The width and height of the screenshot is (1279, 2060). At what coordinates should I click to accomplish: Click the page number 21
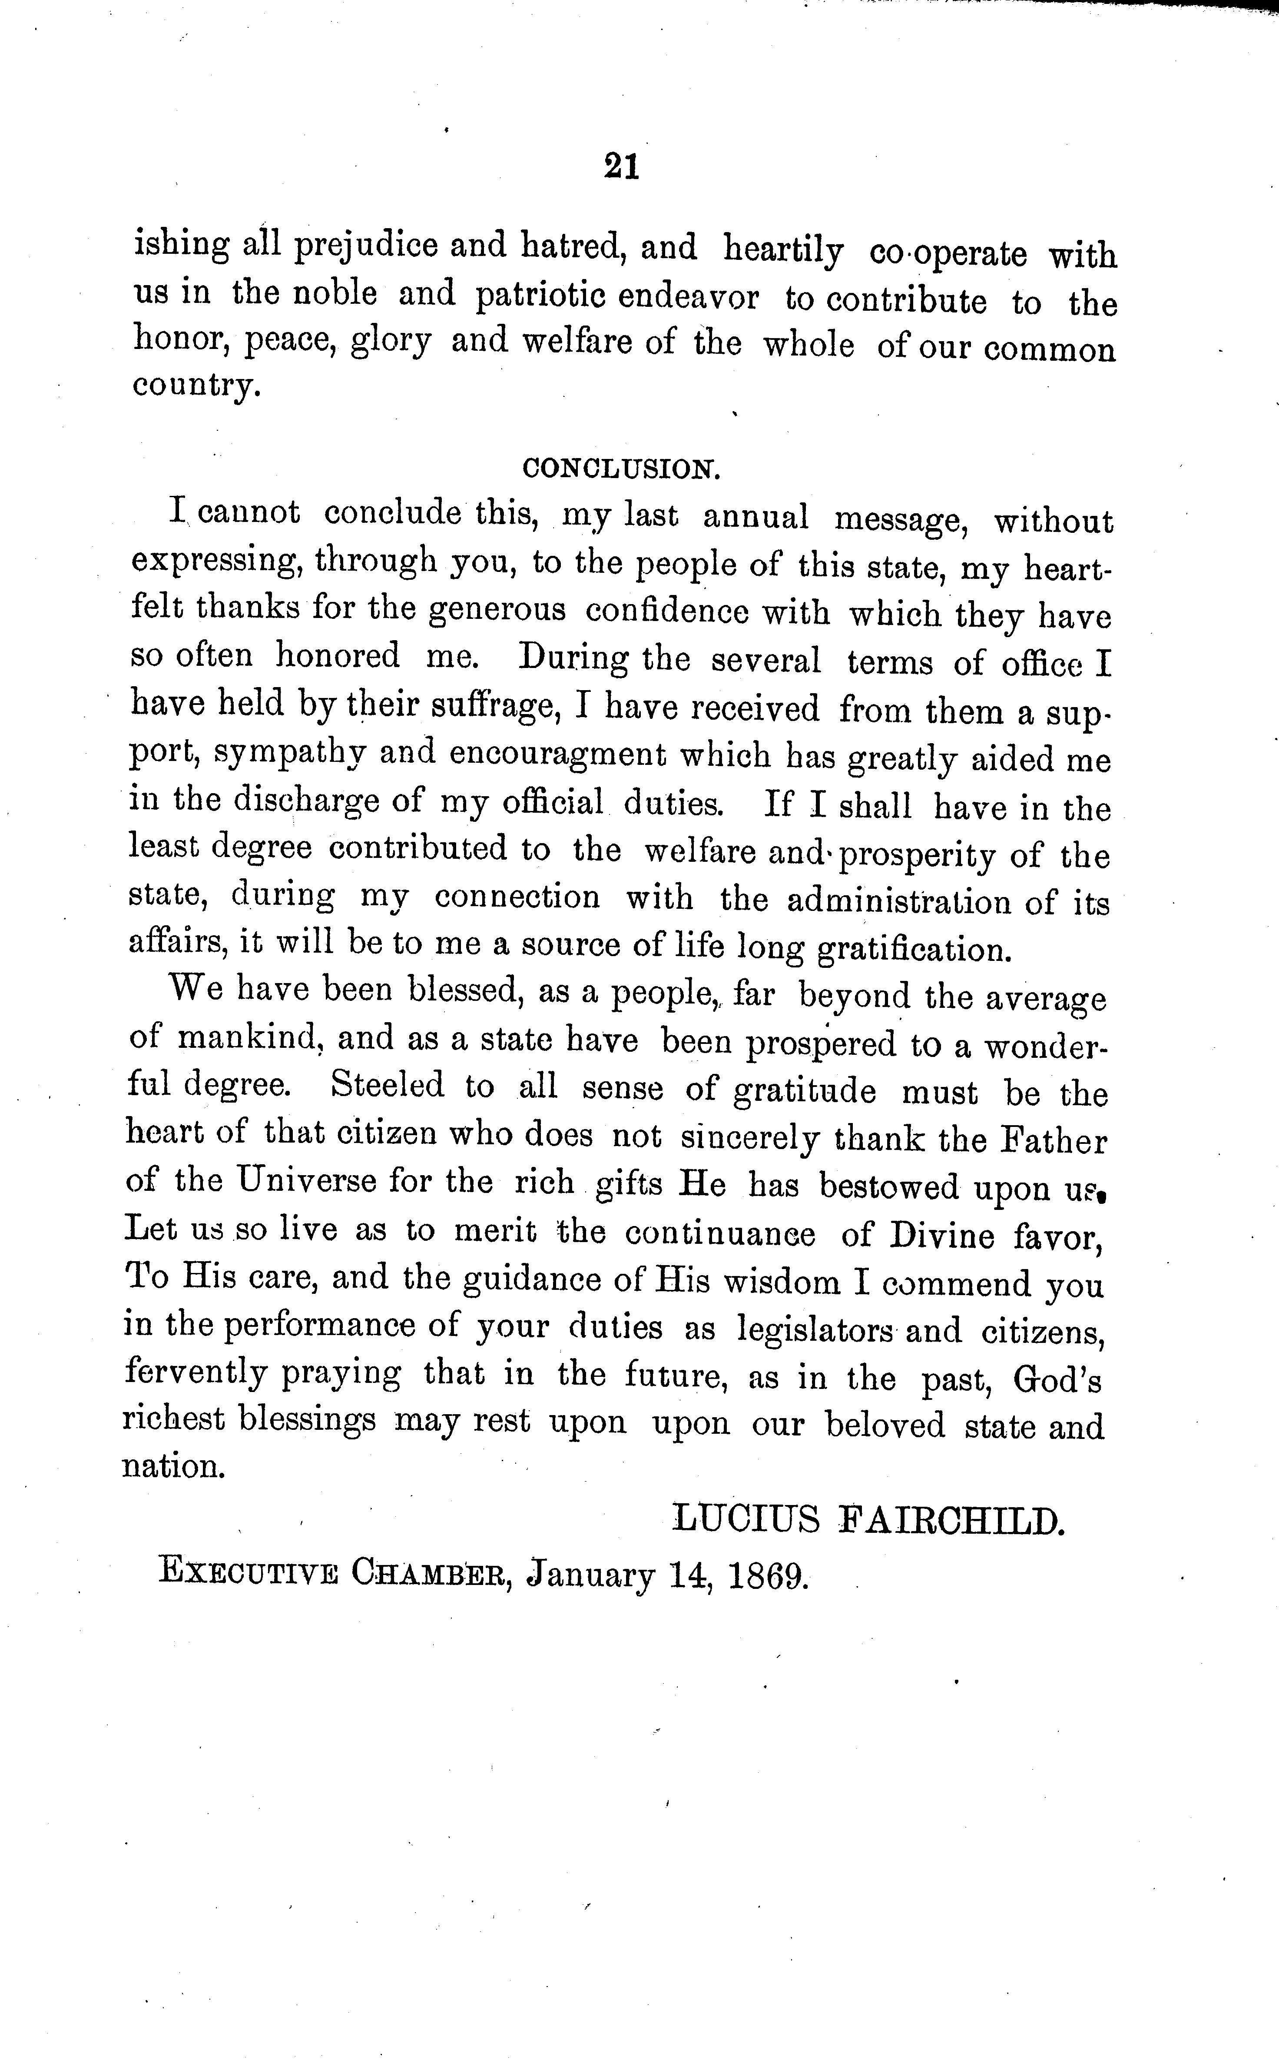click(x=622, y=166)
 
